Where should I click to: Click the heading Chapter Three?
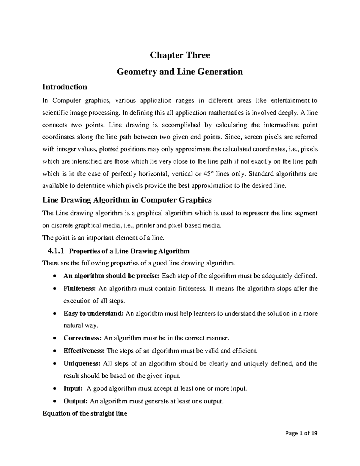click(180, 55)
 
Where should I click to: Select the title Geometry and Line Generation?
click(180, 72)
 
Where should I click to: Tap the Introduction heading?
click(65, 87)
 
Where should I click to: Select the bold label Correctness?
click(83, 338)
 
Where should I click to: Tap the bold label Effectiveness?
click(84, 351)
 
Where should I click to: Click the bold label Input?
click(73, 389)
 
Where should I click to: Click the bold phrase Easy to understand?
click(94, 314)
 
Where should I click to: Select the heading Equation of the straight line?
click(85, 413)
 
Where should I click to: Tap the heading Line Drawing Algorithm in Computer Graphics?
click(127, 200)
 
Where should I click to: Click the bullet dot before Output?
click(54, 401)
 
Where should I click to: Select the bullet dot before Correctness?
click(54, 338)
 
